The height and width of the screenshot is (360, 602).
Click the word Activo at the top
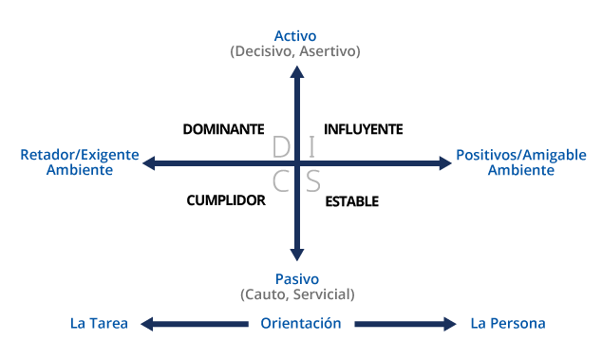click(295, 36)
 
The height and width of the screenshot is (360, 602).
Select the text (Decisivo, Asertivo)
click(295, 51)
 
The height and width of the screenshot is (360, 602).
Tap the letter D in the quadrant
click(280, 147)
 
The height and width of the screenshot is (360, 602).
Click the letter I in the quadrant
click(312, 147)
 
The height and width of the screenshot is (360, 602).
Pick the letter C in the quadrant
click(280, 181)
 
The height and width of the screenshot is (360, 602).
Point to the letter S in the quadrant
click(312, 181)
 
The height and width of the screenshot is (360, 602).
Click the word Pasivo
click(296, 278)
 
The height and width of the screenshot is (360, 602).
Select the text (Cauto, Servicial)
click(296, 294)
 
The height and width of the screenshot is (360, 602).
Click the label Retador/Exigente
click(80, 155)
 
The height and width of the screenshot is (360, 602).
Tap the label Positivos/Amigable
click(521, 155)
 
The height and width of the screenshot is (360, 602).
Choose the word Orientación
click(300, 324)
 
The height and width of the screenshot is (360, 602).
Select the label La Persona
click(508, 324)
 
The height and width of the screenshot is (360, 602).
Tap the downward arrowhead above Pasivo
click(297, 255)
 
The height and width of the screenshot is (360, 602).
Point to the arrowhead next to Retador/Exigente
click(149, 163)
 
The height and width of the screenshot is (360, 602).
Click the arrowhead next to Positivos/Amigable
click(445, 163)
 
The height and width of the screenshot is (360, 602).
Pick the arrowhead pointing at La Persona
click(450, 324)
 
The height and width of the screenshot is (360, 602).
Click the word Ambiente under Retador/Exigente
click(80, 170)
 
